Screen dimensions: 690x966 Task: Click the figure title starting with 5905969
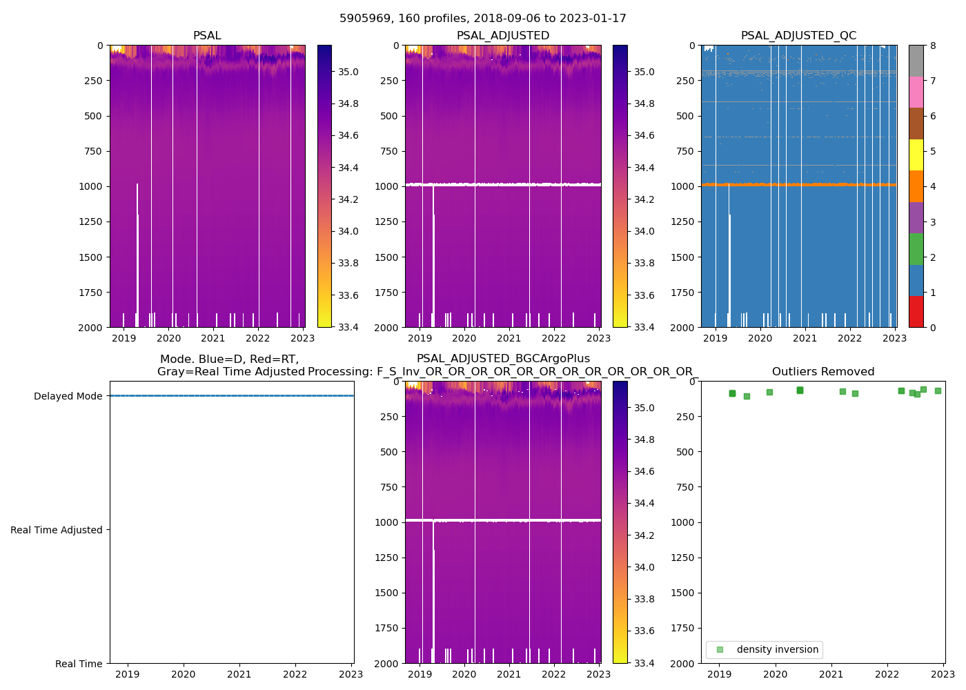coord(482,19)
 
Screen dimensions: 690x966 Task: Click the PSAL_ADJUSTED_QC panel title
coord(798,36)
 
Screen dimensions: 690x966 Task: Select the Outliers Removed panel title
coord(822,372)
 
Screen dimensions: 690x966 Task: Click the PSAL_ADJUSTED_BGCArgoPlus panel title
coord(503,359)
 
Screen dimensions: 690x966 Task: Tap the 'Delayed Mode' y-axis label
coord(68,396)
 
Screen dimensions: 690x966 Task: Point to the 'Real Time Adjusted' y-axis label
coord(56,530)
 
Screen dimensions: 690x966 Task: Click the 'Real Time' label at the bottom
coord(79,664)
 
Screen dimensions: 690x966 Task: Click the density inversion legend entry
coord(777,649)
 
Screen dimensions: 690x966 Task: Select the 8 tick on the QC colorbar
coord(933,46)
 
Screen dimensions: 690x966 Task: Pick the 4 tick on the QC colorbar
coord(933,186)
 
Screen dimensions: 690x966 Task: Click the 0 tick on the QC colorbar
coord(933,327)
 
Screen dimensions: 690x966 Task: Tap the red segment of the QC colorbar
coord(916,311)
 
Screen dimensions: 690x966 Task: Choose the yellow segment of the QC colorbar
coord(916,155)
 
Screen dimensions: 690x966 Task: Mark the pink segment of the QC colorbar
coord(916,92)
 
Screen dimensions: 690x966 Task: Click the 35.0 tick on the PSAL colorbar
coord(348,72)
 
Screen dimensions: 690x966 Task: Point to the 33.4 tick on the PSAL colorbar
coord(348,327)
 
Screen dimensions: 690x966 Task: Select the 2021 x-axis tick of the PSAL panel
coord(213,338)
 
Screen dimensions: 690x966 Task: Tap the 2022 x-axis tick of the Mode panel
coord(295,674)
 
